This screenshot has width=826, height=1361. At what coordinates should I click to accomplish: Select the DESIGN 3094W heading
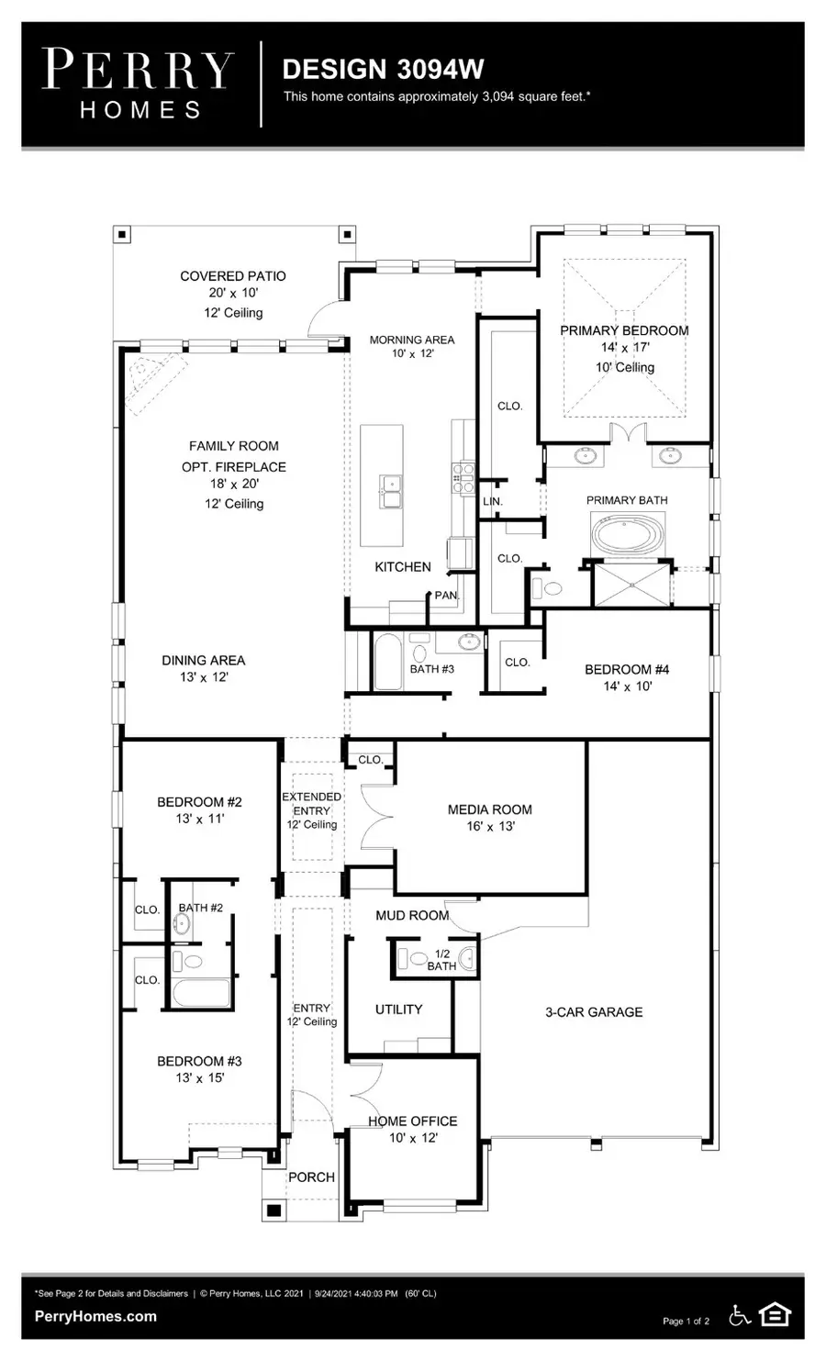point(383,69)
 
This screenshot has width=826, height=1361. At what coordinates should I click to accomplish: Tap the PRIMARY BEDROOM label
point(624,330)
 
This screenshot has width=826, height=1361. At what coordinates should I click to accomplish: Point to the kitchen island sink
point(392,491)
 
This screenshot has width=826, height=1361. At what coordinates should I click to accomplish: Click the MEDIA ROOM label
point(489,809)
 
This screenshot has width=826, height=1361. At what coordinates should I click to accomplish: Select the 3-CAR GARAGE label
point(594,1011)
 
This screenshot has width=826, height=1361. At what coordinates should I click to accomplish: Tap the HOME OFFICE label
point(412,1121)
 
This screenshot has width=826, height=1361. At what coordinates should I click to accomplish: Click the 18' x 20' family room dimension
point(233,484)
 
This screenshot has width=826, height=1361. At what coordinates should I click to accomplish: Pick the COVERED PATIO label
point(232,275)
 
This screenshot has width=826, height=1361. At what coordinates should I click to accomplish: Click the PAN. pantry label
point(446,596)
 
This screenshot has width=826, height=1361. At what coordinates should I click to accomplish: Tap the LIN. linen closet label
point(493,501)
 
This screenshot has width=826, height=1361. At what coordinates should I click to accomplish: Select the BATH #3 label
point(431,669)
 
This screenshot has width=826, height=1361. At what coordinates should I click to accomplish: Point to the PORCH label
point(311,1177)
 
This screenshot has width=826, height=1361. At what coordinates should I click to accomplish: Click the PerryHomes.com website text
point(95,1316)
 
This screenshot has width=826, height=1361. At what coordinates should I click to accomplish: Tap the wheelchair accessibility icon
point(740,1316)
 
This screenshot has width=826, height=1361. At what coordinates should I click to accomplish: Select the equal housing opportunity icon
point(776,1316)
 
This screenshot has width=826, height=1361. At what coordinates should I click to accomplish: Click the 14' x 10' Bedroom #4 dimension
point(627,686)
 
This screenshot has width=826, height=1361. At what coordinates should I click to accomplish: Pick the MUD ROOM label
point(412,915)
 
